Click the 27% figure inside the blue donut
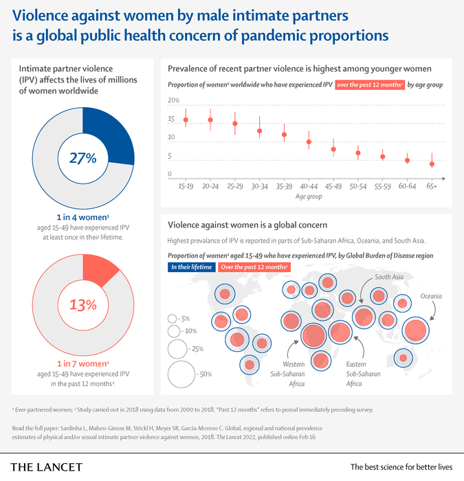(x=82, y=157)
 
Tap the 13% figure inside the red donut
(x=82, y=303)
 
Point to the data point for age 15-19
(x=186, y=120)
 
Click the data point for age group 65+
(x=432, y=164)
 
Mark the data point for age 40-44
(x=309, y=142)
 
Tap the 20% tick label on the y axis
(x=174, y=100)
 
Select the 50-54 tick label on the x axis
(x=357, y=186)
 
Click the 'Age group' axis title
(x=309, y=197)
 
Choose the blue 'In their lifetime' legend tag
(x=192, y=267)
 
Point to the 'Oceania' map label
(x=431, y=296)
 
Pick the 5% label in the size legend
(x=184, y=319)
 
